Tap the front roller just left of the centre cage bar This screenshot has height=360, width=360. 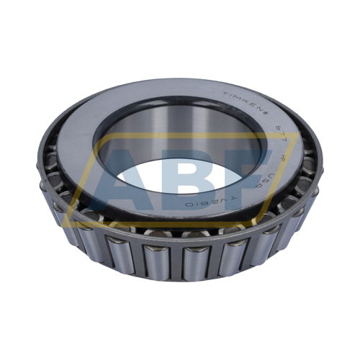(x=156, y=260)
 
